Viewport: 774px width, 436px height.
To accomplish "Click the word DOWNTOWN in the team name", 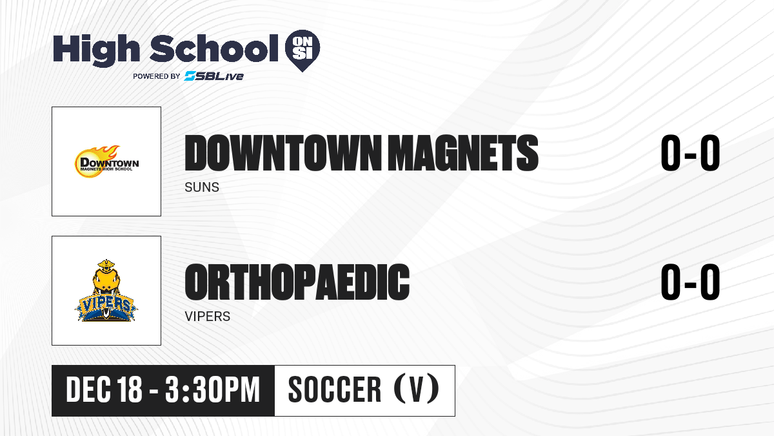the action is click(283, 153).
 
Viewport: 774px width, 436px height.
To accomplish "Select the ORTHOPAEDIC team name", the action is click(297, 282).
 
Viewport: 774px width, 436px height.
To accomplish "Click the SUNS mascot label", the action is click(202, 187).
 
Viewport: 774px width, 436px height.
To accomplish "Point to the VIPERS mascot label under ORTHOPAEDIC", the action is click(207, 317).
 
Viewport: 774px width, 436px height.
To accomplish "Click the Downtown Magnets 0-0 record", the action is click(690, 153).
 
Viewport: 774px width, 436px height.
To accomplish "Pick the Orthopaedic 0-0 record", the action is click(690, 282).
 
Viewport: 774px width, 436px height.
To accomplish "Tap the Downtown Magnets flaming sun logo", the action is click(106, 161).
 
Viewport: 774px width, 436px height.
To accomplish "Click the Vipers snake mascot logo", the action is click(106, 290).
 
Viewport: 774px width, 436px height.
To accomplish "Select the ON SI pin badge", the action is click(303, 50).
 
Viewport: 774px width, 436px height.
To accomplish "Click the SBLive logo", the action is click(214, 76).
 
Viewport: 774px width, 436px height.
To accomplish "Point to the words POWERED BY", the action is click(156, 76).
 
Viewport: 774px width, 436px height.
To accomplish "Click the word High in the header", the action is click(96, 50).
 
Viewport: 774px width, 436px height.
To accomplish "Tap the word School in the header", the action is click(214, 48).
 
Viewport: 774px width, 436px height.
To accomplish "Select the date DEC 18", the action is click(104, 389).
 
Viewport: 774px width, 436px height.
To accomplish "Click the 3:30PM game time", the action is click(212, 389).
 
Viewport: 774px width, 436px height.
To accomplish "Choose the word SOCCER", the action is click(335, 389).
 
